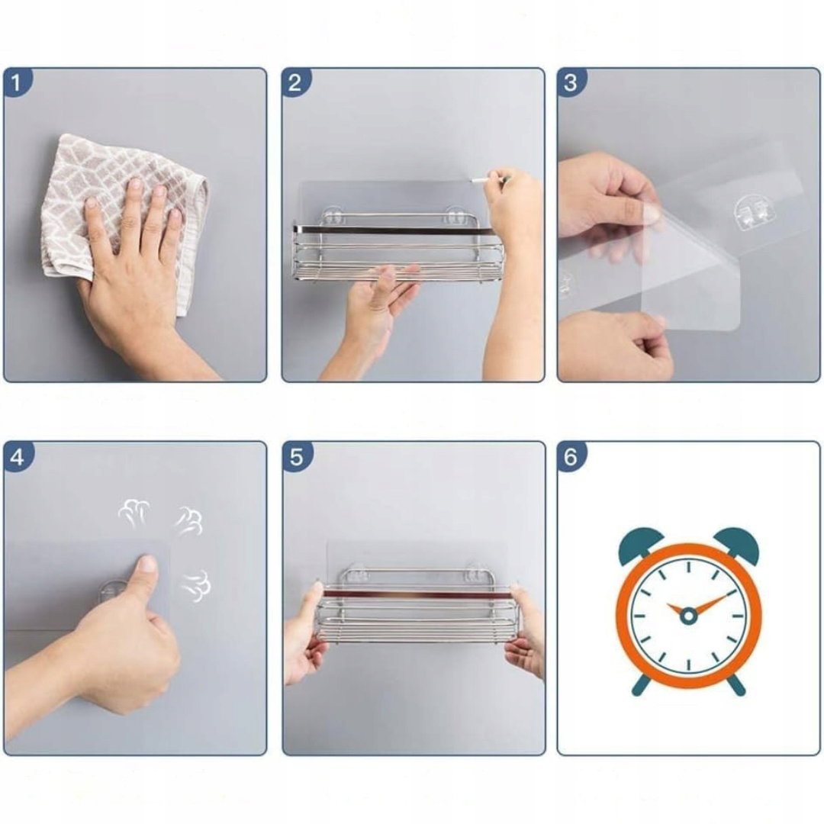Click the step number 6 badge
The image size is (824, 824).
571,457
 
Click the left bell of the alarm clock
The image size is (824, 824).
640,546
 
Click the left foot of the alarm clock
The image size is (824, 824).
641,685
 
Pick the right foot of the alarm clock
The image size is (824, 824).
735,685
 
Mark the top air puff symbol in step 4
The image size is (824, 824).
134,513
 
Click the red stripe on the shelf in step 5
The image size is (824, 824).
418,594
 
